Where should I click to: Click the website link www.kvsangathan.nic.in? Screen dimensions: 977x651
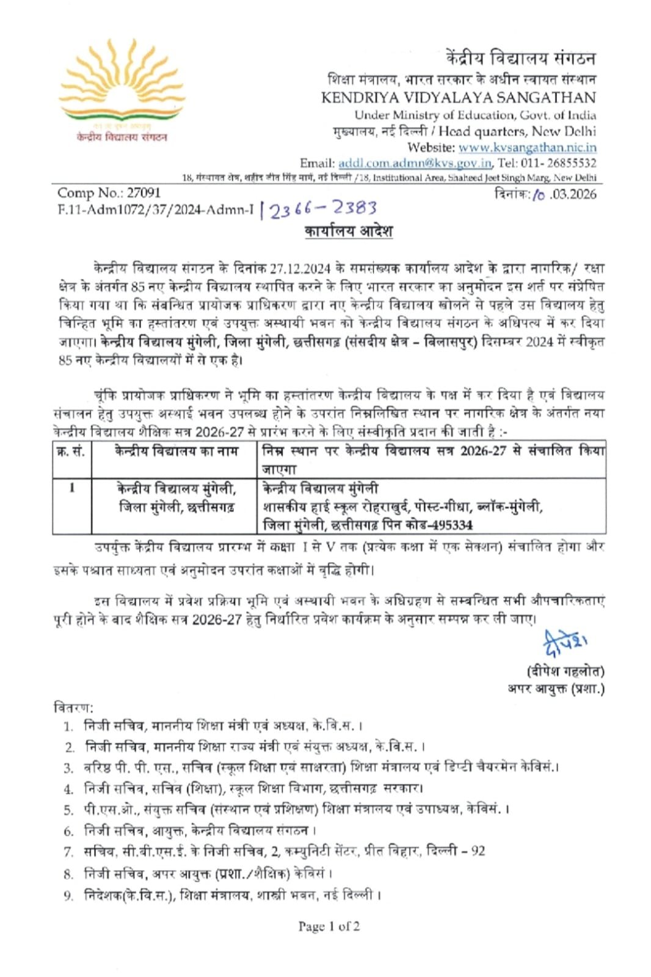(x=527, y=147)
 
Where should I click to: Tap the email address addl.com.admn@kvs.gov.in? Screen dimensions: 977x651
(x=415, y=163)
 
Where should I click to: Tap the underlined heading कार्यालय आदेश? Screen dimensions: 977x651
(x=348, y=232)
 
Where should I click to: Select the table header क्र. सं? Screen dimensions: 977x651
(x=71, y=452)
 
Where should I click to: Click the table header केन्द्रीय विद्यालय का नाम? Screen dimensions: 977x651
(x=176, y=452)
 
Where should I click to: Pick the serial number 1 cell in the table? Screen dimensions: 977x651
(x=72, y=488)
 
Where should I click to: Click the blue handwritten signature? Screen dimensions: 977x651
(x=564, y=642)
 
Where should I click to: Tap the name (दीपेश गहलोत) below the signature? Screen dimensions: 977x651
(x=564, y=671)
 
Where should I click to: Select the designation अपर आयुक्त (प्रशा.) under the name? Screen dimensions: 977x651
(x=556, y=689)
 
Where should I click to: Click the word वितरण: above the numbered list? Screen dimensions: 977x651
(x=74, y=708)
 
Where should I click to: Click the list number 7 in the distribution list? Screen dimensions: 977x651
(x=69, y=852)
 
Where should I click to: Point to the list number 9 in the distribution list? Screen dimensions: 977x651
(x=69, y=896)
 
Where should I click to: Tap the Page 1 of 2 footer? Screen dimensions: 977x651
(x=329, y=926)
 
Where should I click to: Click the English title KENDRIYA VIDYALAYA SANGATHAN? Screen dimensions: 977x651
(x=458, y=97)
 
